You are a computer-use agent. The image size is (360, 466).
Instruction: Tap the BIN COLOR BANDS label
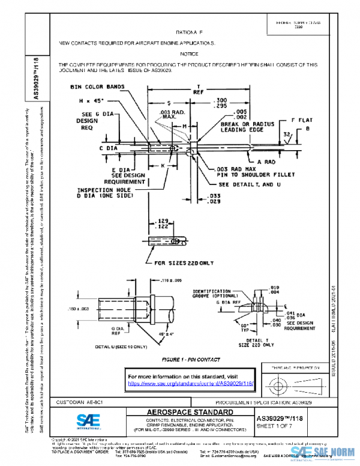(x=97, y=86)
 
